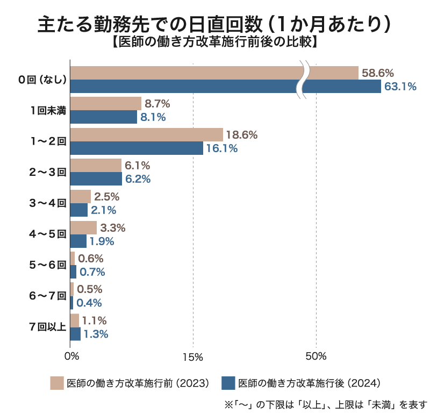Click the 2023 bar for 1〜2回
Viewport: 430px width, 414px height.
coord(146,134)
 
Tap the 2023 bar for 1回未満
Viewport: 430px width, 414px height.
coord(105,104)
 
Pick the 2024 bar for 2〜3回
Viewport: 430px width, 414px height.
coord(96,179)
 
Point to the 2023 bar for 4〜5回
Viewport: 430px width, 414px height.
coord(83,227)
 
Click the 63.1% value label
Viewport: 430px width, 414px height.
coord(400,86)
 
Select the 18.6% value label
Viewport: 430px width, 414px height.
coord(242,134)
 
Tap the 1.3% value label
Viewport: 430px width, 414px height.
coord(96,334)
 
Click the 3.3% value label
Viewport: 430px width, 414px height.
coord(113,227)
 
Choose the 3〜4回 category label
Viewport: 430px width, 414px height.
coord(47,203)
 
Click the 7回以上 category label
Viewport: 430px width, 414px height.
coord(47,327)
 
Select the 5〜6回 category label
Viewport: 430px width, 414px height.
coord(47,265)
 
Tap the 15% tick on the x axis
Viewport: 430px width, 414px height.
coord(192,356)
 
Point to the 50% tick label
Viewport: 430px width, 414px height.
coord(316,356)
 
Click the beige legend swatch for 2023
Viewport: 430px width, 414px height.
coord(57,383)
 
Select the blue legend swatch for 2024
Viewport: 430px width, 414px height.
coord(228,383)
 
